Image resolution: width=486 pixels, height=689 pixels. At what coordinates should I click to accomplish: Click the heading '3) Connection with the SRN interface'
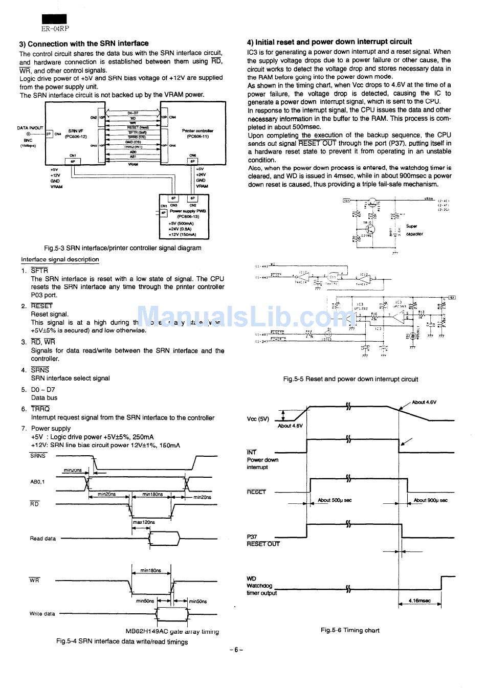[x=84, y=43]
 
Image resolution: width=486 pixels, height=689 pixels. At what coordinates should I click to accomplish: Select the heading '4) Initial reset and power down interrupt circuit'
[x=329, y=42]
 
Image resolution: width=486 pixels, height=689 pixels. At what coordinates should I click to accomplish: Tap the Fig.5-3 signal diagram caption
[x=123, y=248]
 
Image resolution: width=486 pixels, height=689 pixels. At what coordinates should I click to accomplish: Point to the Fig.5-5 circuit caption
[x=350, y=379]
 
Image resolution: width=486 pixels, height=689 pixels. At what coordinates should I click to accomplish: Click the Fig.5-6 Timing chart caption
[x=350, y=630]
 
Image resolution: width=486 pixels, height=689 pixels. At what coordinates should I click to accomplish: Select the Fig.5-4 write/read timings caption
[x=122, y=642]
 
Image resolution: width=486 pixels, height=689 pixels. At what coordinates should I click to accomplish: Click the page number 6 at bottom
[x=236, y=650]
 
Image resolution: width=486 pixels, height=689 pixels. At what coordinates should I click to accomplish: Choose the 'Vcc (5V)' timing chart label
[x=258, y=419]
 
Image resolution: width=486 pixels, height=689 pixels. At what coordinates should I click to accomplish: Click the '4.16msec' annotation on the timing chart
[x=419, y=601]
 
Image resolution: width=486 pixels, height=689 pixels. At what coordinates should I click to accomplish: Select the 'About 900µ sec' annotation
[x=430, y=500]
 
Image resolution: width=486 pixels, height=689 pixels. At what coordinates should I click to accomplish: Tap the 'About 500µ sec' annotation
[x=335, y=500]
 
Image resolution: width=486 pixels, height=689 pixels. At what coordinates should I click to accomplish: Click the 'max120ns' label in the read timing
[x=144, y=522]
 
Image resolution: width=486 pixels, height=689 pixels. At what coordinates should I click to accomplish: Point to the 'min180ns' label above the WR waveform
[x=150, y=570]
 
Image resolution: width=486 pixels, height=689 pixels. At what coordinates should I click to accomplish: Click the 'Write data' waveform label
[x=42, y=614]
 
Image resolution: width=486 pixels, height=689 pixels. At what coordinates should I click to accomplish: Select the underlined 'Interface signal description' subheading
[x=60, y=259]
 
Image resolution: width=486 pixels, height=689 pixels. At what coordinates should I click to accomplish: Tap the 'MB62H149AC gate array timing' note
[x=172, y=631]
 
